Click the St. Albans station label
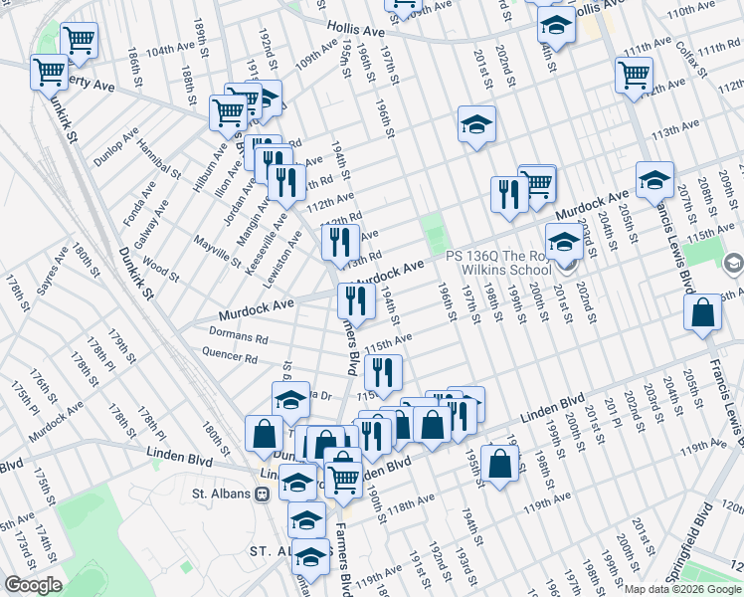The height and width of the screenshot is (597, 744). click(x=225, y=493)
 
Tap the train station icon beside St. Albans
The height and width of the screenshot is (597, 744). click(x=264, y=493)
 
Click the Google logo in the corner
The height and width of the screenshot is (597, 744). click(x=33, y=585)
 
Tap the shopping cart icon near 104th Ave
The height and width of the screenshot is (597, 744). click(x=79, y=40)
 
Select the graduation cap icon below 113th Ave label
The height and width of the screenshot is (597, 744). click(x=476, y=124)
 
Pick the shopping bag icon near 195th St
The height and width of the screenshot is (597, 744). click(x=499, y=462)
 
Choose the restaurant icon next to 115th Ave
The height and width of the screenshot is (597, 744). click(x=382, y=372)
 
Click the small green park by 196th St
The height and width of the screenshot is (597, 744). click(x=433, y=235)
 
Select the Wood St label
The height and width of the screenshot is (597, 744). click(x=160, y=269)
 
